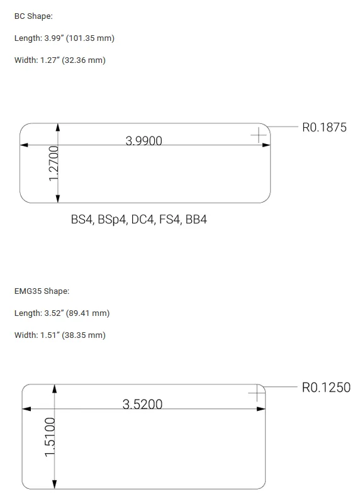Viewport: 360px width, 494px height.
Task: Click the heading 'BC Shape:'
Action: (x=33, y=16)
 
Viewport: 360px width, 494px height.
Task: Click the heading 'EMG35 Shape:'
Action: (x=42, y=291)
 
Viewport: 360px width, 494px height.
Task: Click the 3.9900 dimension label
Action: (x=143, y=141)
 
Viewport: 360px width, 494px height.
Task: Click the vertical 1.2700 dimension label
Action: (x=53, y=163)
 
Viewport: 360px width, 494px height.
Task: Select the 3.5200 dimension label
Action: (x=142, y=404)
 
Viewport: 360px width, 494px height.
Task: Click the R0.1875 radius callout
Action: (x=324, y=128)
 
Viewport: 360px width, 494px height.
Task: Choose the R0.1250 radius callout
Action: (x=326, y=388)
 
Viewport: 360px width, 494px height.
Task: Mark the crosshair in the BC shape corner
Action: (x=259, y=135)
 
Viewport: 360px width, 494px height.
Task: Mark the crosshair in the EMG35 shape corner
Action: (x=257, y=393)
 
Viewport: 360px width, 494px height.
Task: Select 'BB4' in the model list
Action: (x=196, y=220)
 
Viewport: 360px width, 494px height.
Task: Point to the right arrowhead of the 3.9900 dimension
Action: (x=266, y=145)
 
